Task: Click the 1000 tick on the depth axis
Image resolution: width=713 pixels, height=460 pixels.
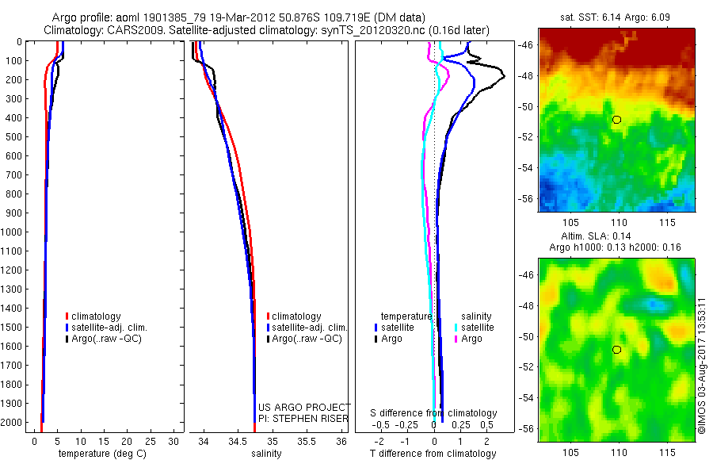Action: (12, 232)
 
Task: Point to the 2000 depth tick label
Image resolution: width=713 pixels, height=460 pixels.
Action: (12, 423)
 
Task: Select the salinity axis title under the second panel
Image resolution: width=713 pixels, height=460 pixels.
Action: (266, 454)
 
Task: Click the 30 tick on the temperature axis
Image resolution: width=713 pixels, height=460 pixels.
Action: (174, 441)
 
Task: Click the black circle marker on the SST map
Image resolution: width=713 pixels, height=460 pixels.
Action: (616, 120)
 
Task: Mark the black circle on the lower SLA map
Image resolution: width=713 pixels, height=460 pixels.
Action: (616, 350)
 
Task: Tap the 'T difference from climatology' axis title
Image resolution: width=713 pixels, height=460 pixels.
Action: (433, 454)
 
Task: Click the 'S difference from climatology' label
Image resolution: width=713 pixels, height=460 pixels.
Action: (434, 413)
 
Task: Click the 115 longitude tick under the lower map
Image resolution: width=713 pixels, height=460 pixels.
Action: (666, 450)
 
